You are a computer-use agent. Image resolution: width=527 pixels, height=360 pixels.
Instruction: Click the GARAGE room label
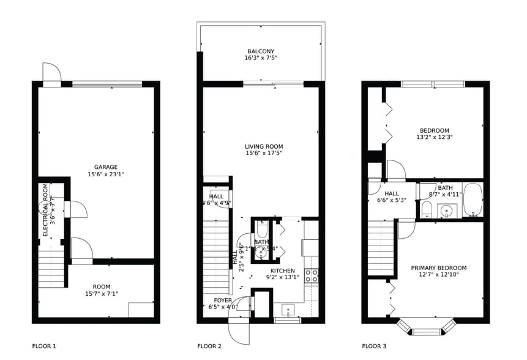click(x=106, y=167)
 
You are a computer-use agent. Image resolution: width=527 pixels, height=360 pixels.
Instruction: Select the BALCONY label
click(x=261, y=51)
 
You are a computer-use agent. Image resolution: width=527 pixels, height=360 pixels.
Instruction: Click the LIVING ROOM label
click(x=264, y=146)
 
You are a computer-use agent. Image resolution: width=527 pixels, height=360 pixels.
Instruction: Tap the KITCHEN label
click(x=283, y=271)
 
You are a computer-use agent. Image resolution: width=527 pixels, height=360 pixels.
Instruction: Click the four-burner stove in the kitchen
click(x=312, y=276)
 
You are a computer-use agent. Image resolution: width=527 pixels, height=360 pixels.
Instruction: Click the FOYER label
click(x=223, y=301)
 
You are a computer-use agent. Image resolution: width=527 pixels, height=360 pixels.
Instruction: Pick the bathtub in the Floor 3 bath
click(x=472, y=200)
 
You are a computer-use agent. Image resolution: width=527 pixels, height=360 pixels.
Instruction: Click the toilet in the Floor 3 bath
click(x=427, y=209)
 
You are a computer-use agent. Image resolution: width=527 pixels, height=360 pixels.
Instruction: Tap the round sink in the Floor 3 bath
click(x=448, y=211)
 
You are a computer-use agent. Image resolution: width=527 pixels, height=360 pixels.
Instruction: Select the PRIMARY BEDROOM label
click(x=438, y=268)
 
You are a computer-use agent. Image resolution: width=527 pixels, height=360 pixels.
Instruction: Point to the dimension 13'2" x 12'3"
click(x=435, y=137)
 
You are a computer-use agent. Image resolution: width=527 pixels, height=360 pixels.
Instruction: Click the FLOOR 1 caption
click(x=44, y=346)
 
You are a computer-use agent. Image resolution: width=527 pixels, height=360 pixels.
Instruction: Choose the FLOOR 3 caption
click(x=374, y=346)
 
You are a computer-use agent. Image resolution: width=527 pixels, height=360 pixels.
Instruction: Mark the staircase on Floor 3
click(x=381, y=248)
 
